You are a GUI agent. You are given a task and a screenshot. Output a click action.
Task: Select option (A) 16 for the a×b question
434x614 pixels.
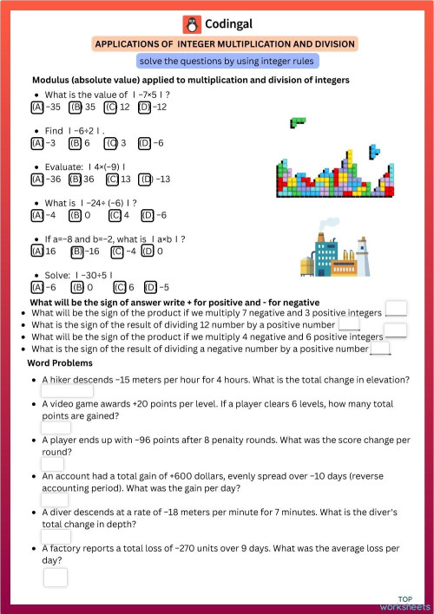[x=37, y=251]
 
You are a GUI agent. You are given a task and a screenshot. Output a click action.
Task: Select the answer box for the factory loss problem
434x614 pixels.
[x=56, y=577]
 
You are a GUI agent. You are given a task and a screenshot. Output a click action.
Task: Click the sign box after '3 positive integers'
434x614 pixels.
[x=396, y=308]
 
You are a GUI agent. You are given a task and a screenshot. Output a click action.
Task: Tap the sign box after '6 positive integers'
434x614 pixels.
[x=396, y=330]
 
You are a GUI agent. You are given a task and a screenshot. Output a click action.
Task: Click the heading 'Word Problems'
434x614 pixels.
[x=61, y=363]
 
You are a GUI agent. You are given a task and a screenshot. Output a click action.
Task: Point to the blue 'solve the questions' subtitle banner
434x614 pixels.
[x=227, y=62]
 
